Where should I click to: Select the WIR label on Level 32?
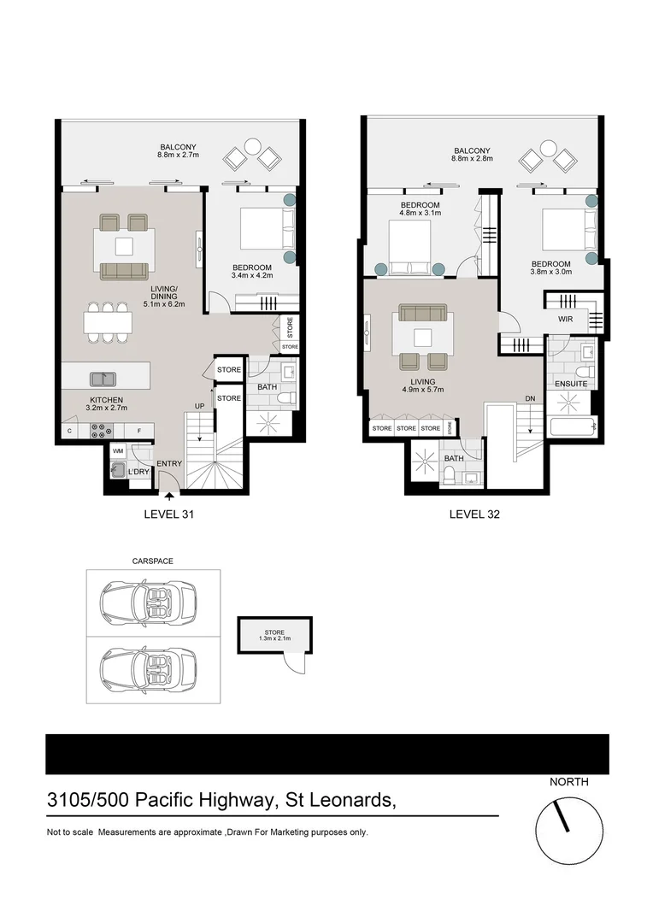click(x=565, y=319)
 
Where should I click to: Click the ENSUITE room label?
click(x=570, y=384)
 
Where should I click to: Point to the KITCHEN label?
click(x=108, y=399)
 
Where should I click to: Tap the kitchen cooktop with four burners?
click(x=98, y=430)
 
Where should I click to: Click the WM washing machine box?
click(x=118, y=450)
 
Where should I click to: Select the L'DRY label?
click(x=138, y=472)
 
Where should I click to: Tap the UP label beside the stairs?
click(x=200, y=406)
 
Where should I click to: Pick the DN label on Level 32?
click(x=529, y=399)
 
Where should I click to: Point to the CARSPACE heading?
click(x=152, y=561)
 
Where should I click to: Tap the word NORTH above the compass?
click(x=568, y=781)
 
